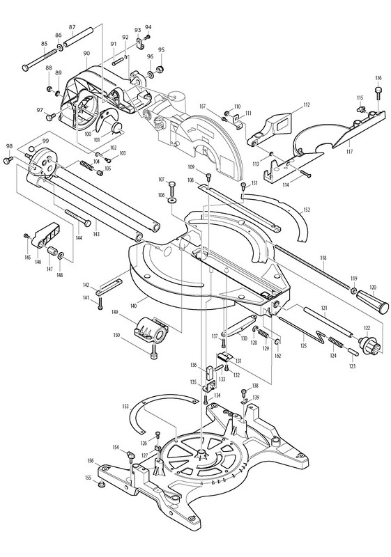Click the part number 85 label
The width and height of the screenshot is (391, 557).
44,44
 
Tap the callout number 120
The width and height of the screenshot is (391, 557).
372,288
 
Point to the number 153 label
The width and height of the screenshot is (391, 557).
126,406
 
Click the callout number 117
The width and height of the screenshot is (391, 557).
349,152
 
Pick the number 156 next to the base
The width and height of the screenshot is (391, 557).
91,461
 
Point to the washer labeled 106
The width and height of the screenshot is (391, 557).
173,201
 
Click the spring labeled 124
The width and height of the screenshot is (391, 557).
335,343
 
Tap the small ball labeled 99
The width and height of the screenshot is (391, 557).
32,148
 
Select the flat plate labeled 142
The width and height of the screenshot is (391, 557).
109,287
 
